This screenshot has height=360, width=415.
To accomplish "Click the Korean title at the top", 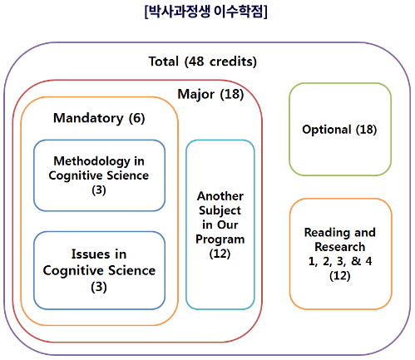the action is click(205, 12).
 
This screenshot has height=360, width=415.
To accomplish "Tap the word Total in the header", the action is click(163, 62).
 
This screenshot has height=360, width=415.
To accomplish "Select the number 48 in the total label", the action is click(195, 62).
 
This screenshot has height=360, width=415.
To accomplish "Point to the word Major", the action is click(195, 94).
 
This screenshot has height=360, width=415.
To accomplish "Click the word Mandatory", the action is click(88, 118).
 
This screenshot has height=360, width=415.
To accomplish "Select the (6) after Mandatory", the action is click(136, 118).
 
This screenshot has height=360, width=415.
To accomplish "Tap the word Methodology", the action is click(91, 161).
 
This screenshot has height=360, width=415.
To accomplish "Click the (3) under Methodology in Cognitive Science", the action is click(99, 190).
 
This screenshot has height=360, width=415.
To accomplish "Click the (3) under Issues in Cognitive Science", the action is click(99, 287).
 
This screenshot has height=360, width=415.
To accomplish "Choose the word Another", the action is click(220, 196).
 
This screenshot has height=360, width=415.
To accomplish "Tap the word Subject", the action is click(220, 210).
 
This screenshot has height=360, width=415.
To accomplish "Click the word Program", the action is click(220, 239).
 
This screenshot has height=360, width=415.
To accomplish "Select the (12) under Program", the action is click(220, 254).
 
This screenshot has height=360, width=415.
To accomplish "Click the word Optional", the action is click(327, 130).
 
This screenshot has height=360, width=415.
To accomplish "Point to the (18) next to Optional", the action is click(366, 130).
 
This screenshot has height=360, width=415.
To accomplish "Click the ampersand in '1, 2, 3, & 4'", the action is click(356, 261).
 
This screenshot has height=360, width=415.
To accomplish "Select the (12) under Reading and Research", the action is click(340, 276).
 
